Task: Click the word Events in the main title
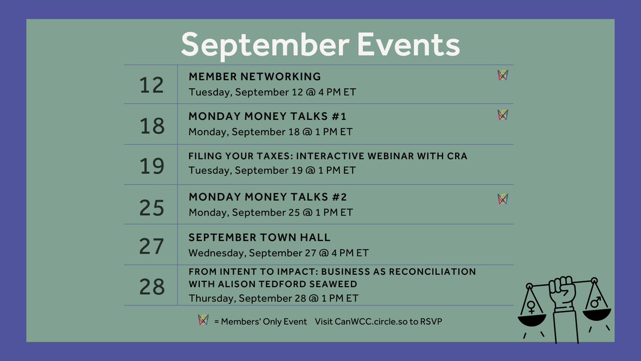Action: pos(409,45)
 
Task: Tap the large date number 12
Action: pos(151,85)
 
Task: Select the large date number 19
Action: pos(151,166)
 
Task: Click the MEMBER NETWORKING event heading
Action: pos(255,76)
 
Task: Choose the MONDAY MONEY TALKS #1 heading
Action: pos(268,117)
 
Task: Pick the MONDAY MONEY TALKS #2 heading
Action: pos(268,197)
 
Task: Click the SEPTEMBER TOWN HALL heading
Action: pos(260,237)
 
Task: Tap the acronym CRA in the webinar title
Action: pos(457,156)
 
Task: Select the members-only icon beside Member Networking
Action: pos(502,75)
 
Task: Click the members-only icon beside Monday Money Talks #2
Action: pos(502,199)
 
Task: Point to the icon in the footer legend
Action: pos(203,320)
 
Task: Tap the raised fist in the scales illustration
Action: pos(561,291)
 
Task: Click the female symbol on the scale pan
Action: pos(531,306)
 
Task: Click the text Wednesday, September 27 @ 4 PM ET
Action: pos(278,253)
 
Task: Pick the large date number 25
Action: pos(151,207)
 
